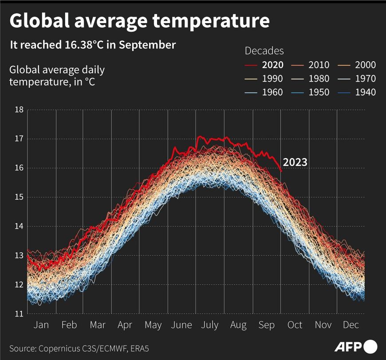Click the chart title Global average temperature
click(139, 21)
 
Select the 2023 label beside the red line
click(295, 163)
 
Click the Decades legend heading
click(264, 51)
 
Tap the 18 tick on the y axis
click(19, 110)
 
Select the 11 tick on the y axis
click(19, 314)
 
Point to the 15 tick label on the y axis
click(19, 197)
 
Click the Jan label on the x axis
click(41, 325)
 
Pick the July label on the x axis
click(210, 325)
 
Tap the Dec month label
click(351, 325)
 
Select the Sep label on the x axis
click(266, 325)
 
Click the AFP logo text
click(348, 346)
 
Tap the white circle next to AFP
click(371, 346)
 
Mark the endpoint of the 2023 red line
click(281, 171)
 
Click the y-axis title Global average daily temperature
click(57, 76)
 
